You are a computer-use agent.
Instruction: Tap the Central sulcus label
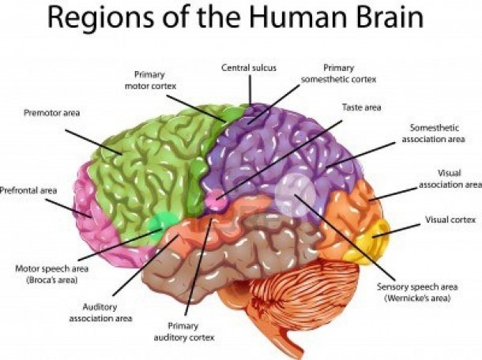249,68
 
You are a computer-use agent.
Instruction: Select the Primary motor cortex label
150,81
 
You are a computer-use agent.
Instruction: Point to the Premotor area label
51,113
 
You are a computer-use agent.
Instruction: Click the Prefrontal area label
28,190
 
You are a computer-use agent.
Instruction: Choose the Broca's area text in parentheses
52,280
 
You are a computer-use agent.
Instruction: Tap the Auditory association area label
100,313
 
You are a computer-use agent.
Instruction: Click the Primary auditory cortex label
184,332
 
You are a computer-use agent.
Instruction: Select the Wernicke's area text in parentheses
417,298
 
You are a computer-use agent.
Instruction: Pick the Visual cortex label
450,219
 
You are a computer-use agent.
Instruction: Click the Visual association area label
450,178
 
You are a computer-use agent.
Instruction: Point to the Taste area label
362,107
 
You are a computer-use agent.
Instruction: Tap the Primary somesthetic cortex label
338,73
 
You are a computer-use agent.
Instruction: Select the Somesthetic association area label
434,133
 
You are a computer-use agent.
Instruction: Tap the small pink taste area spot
217,199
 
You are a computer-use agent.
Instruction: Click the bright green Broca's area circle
161,224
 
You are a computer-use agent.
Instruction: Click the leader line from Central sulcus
250,90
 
